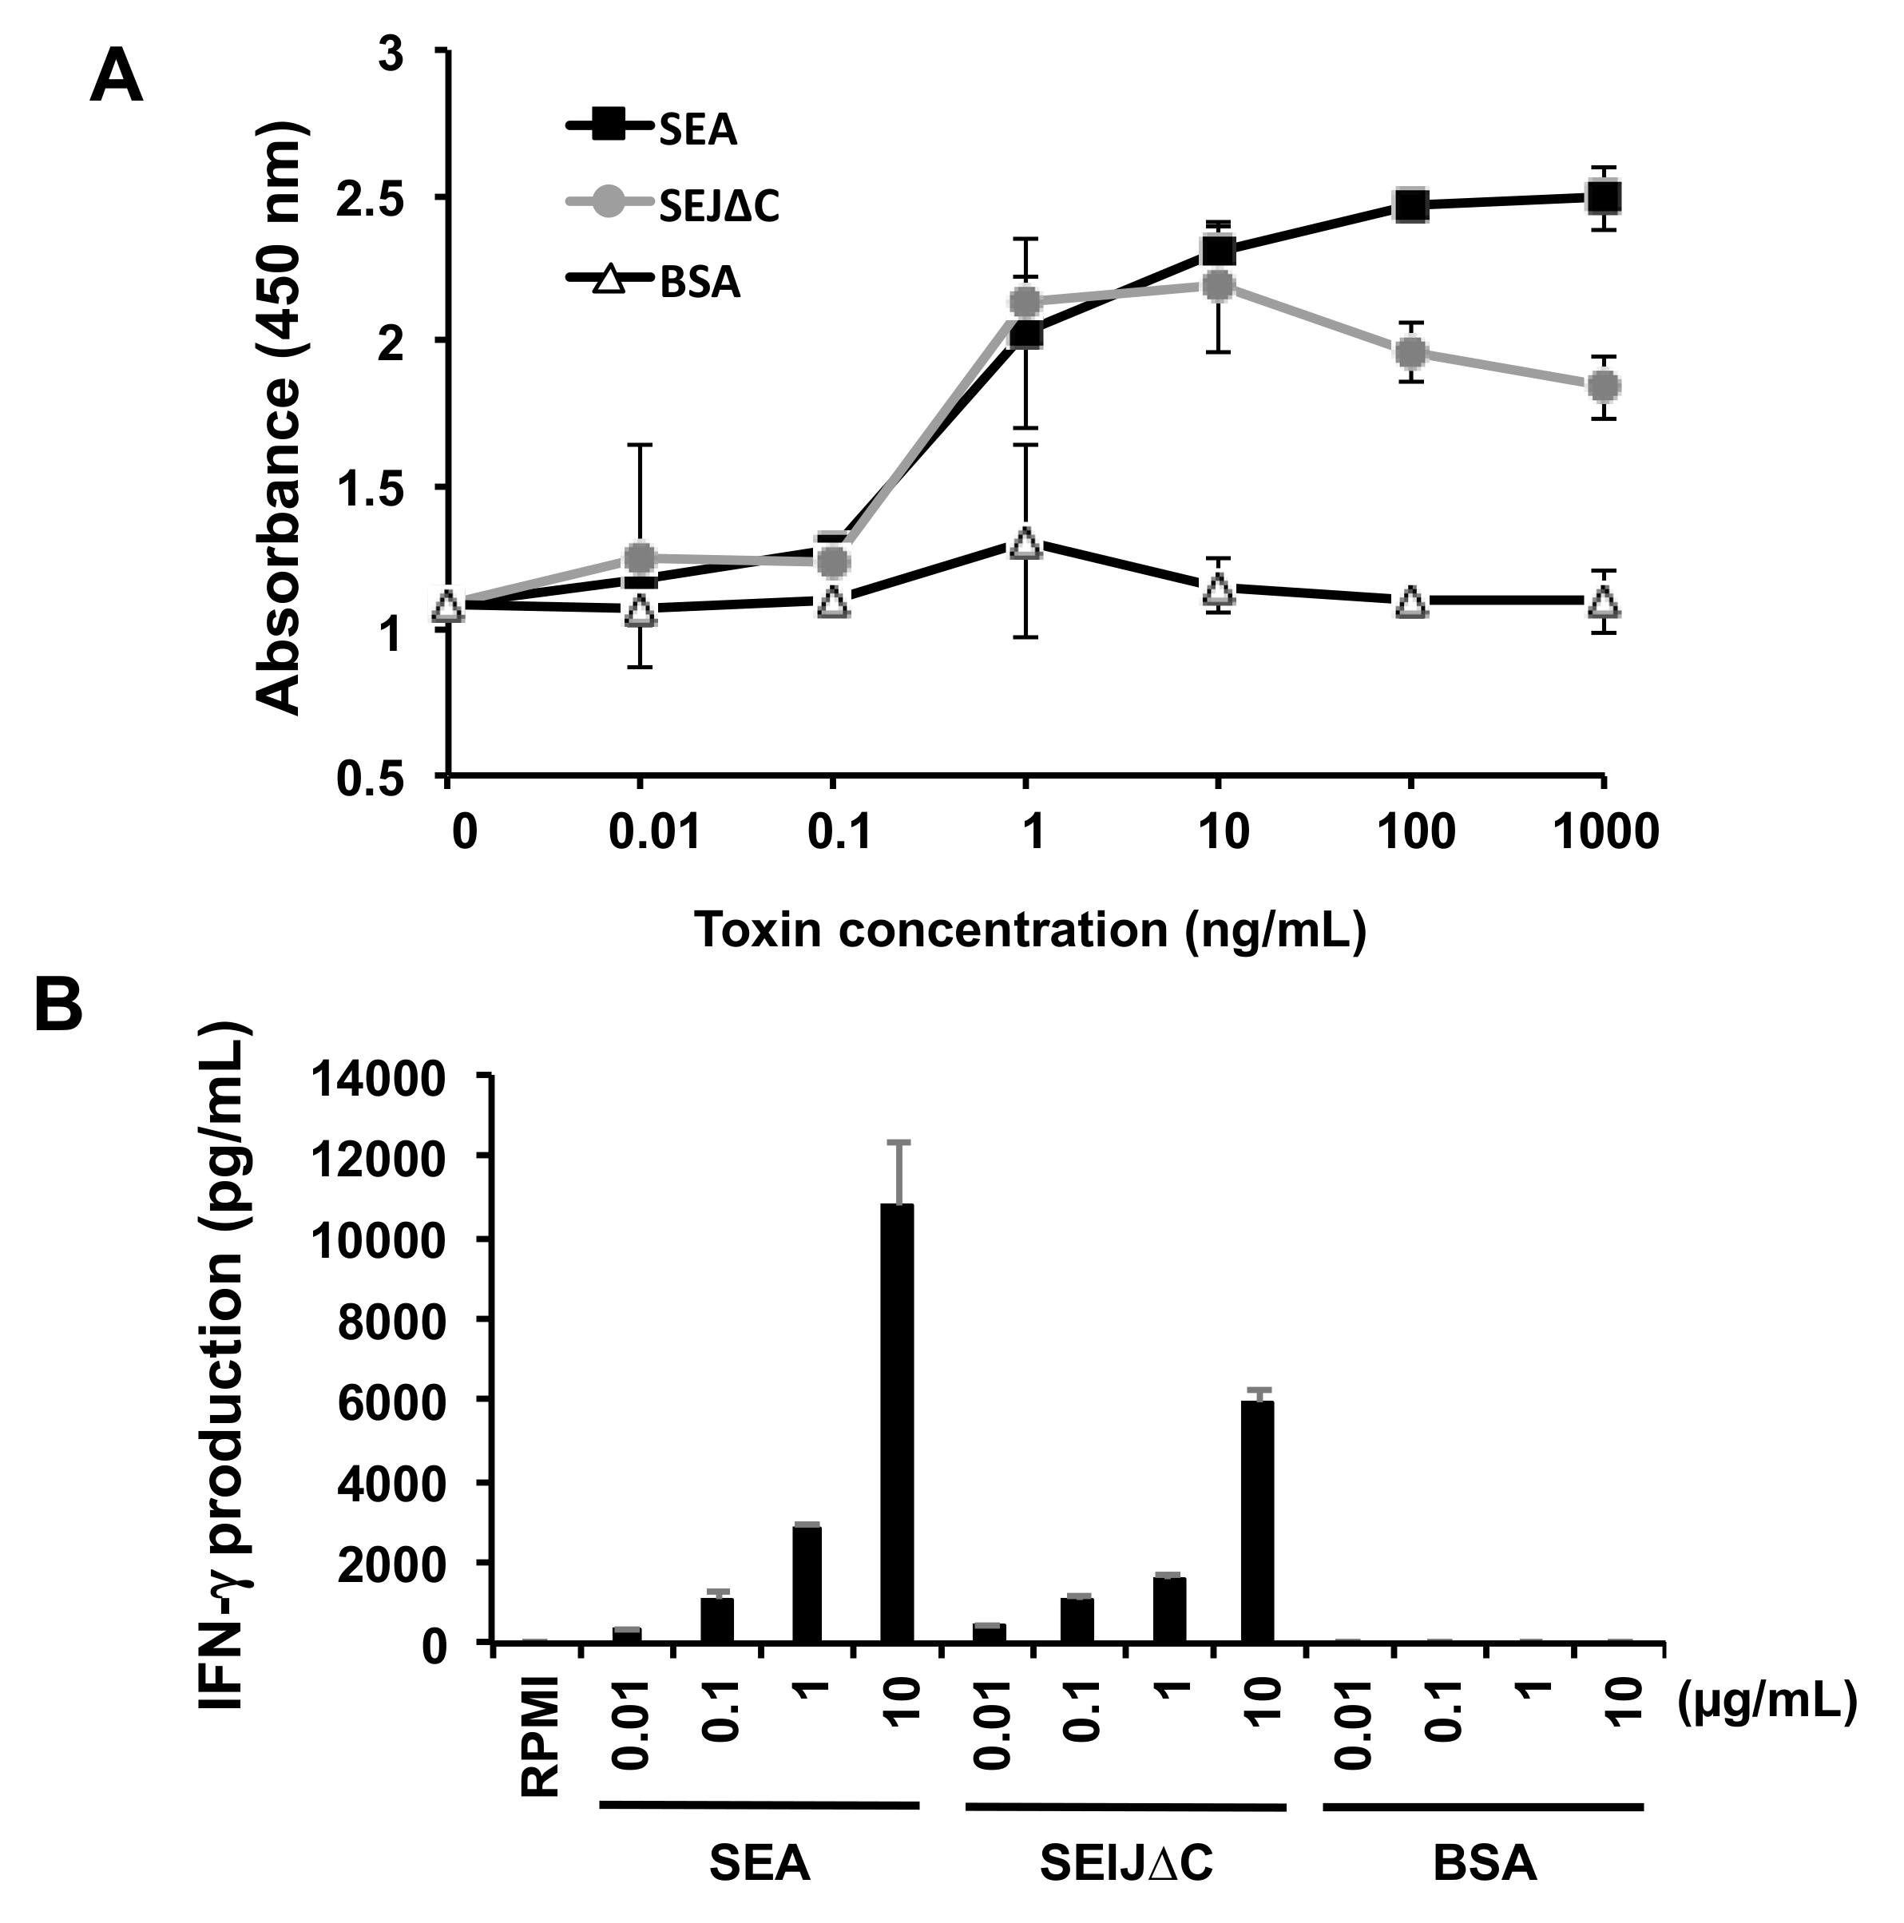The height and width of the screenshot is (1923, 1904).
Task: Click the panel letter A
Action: pyautogui.click(x=116, y=77)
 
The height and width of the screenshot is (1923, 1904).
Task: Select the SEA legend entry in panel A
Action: pyautogui.click(x=696, y=129)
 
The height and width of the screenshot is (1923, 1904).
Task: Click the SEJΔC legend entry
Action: pyautogui.click(x=716, y=206)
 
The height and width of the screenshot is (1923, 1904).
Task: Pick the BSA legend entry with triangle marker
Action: pyautogui.click(x=699, y=283)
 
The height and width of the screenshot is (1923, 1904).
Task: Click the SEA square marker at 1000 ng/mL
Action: pyautogui.click(x=1602, y=197)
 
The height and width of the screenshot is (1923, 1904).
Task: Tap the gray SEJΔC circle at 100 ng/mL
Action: pyautogui.click(x=1410, y=352)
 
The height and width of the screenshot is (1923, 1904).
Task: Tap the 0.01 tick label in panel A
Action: pyautogui.click(x=654, y=831)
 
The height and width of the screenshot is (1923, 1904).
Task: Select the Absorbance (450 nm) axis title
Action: pyautogui.click(x=279, y=418)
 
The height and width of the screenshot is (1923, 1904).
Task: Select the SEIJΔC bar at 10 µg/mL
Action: pyautogui.click(x=1258, y=1521)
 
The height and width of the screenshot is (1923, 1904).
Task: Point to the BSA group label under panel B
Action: pyautogui.click(x=1484, y=1864)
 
